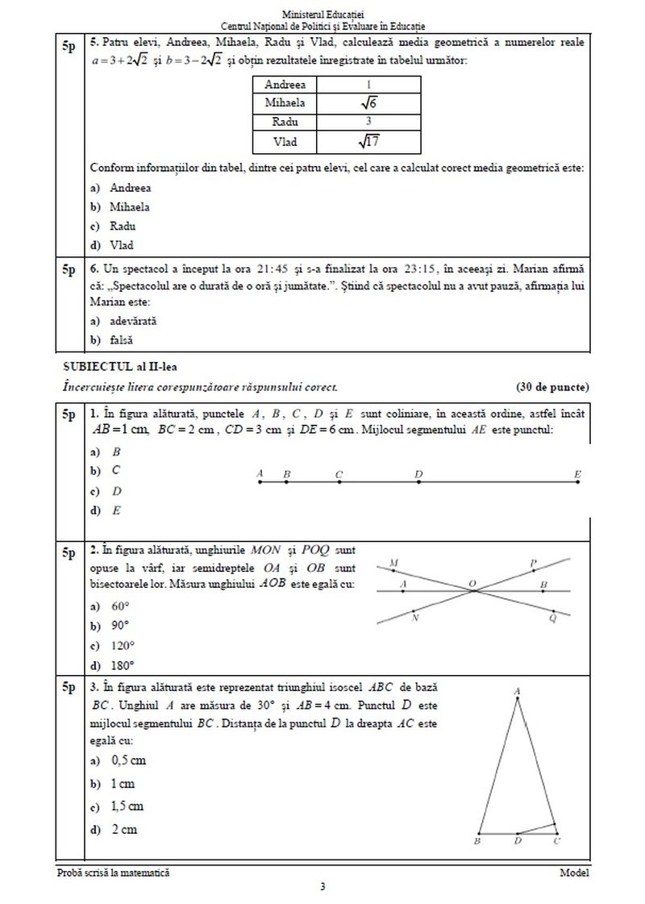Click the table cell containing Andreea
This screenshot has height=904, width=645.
coord(292,85)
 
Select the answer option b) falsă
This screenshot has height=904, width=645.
coord(113,340)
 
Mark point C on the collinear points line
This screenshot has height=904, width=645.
coord(339,482)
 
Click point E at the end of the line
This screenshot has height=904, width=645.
coord(577,482)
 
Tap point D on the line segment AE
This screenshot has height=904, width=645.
coord(418,482)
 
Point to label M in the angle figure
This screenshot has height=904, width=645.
coord(393,562)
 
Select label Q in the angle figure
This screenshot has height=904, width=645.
coord(552,619)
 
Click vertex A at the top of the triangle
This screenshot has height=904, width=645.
coord(516,692)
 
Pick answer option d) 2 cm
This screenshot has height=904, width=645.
coord(114,828)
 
